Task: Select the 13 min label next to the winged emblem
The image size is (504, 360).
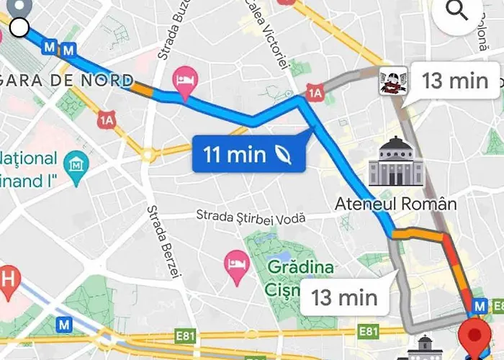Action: pos(455,80)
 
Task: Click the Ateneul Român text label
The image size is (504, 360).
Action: pos(395,204)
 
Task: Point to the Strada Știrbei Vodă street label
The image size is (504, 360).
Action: pos(251,216)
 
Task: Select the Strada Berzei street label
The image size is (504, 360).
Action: pos(163,241)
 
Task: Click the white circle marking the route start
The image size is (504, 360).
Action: pos(19,28)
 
